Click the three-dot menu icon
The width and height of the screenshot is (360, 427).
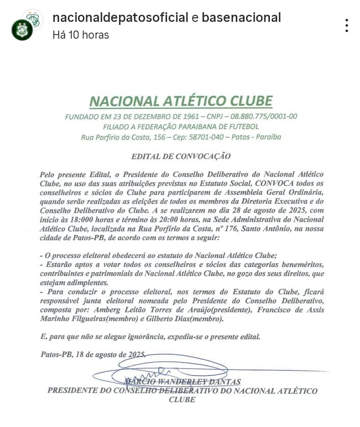tap(346, 25)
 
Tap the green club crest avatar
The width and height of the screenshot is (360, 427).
tap(22, 30)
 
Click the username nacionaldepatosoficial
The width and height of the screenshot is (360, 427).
tap(120, 18)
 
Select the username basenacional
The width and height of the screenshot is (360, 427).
tap(241, 18)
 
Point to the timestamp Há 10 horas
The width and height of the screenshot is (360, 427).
tap(80, 35)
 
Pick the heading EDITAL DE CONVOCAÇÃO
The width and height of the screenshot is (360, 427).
tap(181, 156)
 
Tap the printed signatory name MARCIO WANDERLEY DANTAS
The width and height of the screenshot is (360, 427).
tap(183, 382)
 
